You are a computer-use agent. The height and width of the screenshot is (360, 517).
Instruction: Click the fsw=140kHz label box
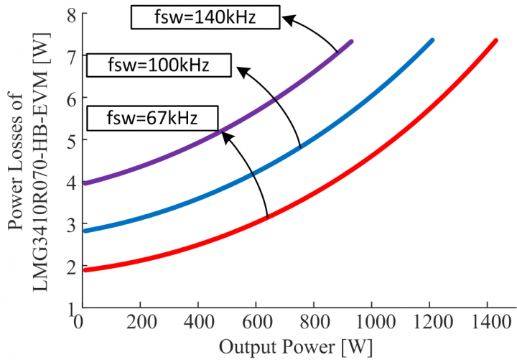204,17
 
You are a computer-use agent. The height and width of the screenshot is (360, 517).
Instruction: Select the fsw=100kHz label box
159,66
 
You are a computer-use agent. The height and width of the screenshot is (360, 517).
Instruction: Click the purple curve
215,129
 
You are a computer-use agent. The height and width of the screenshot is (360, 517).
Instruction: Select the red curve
359,188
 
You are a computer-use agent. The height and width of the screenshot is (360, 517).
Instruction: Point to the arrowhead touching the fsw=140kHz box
286,19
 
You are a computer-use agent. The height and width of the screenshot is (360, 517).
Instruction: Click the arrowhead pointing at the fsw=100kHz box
241,70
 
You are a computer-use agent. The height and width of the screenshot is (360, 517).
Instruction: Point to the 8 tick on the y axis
70,15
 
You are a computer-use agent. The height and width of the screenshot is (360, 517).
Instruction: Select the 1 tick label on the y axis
70,309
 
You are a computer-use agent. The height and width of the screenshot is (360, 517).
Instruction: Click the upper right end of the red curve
495,41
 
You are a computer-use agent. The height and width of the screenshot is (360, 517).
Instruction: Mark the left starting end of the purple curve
85,183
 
